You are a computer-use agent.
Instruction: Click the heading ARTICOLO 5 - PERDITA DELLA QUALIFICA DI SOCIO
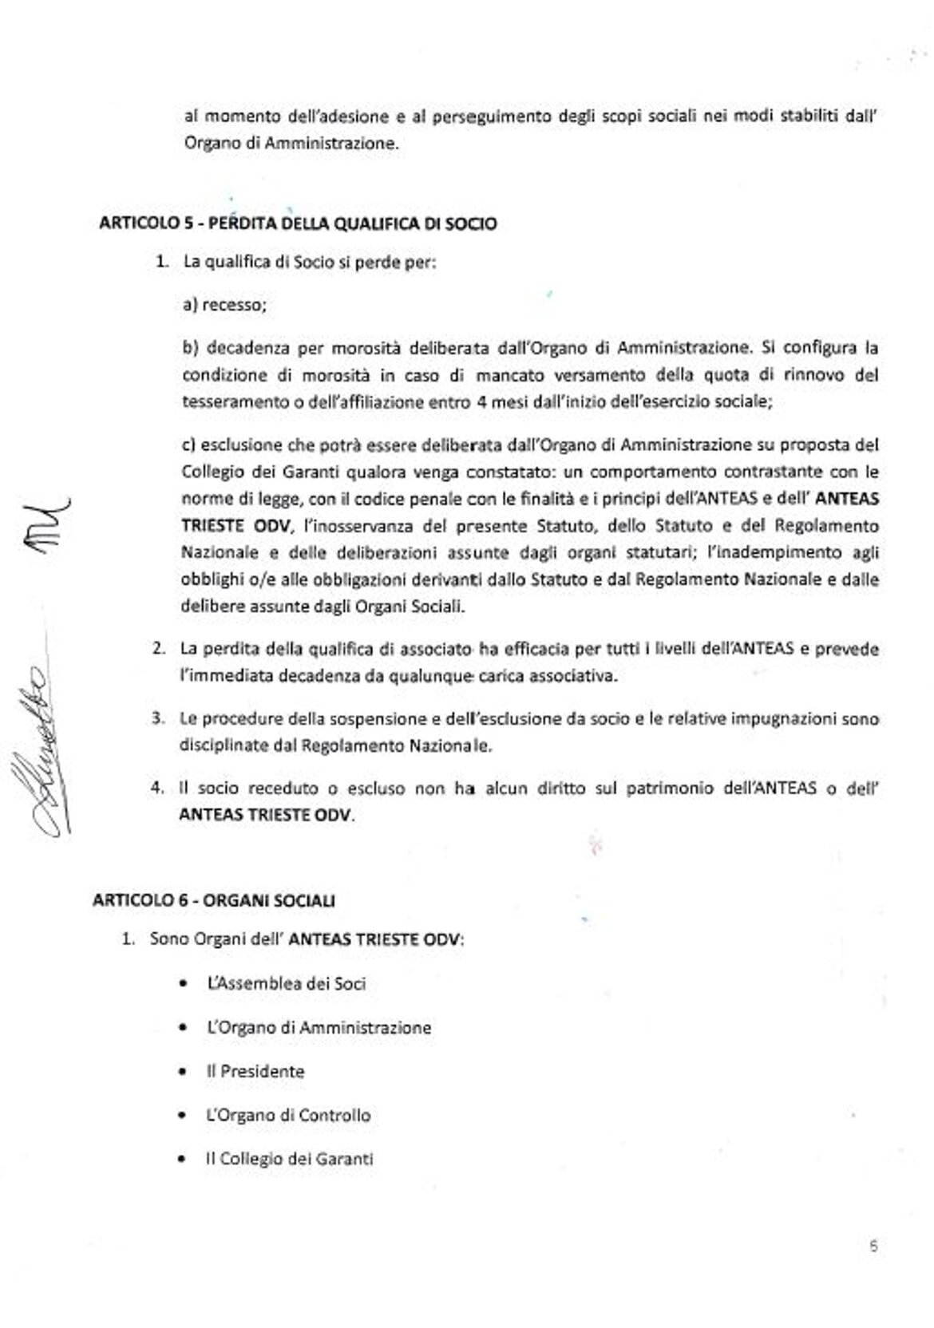[297, 223]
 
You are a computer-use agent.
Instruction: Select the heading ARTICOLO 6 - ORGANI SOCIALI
[214, 900]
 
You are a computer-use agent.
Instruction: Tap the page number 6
[874, 1246]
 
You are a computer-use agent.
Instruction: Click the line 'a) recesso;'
[224, 304]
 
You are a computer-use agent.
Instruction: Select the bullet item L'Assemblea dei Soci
[286, 983]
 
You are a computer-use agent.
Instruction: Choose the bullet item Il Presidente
[255, 1071]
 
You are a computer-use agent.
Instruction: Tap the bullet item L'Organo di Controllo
[288, 1115]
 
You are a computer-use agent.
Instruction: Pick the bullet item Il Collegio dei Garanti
[289, 1159]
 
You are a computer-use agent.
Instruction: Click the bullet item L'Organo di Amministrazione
[319, 1027]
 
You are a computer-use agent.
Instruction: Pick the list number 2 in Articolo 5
[159, 649]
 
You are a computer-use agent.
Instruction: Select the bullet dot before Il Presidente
[185, 1072]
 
